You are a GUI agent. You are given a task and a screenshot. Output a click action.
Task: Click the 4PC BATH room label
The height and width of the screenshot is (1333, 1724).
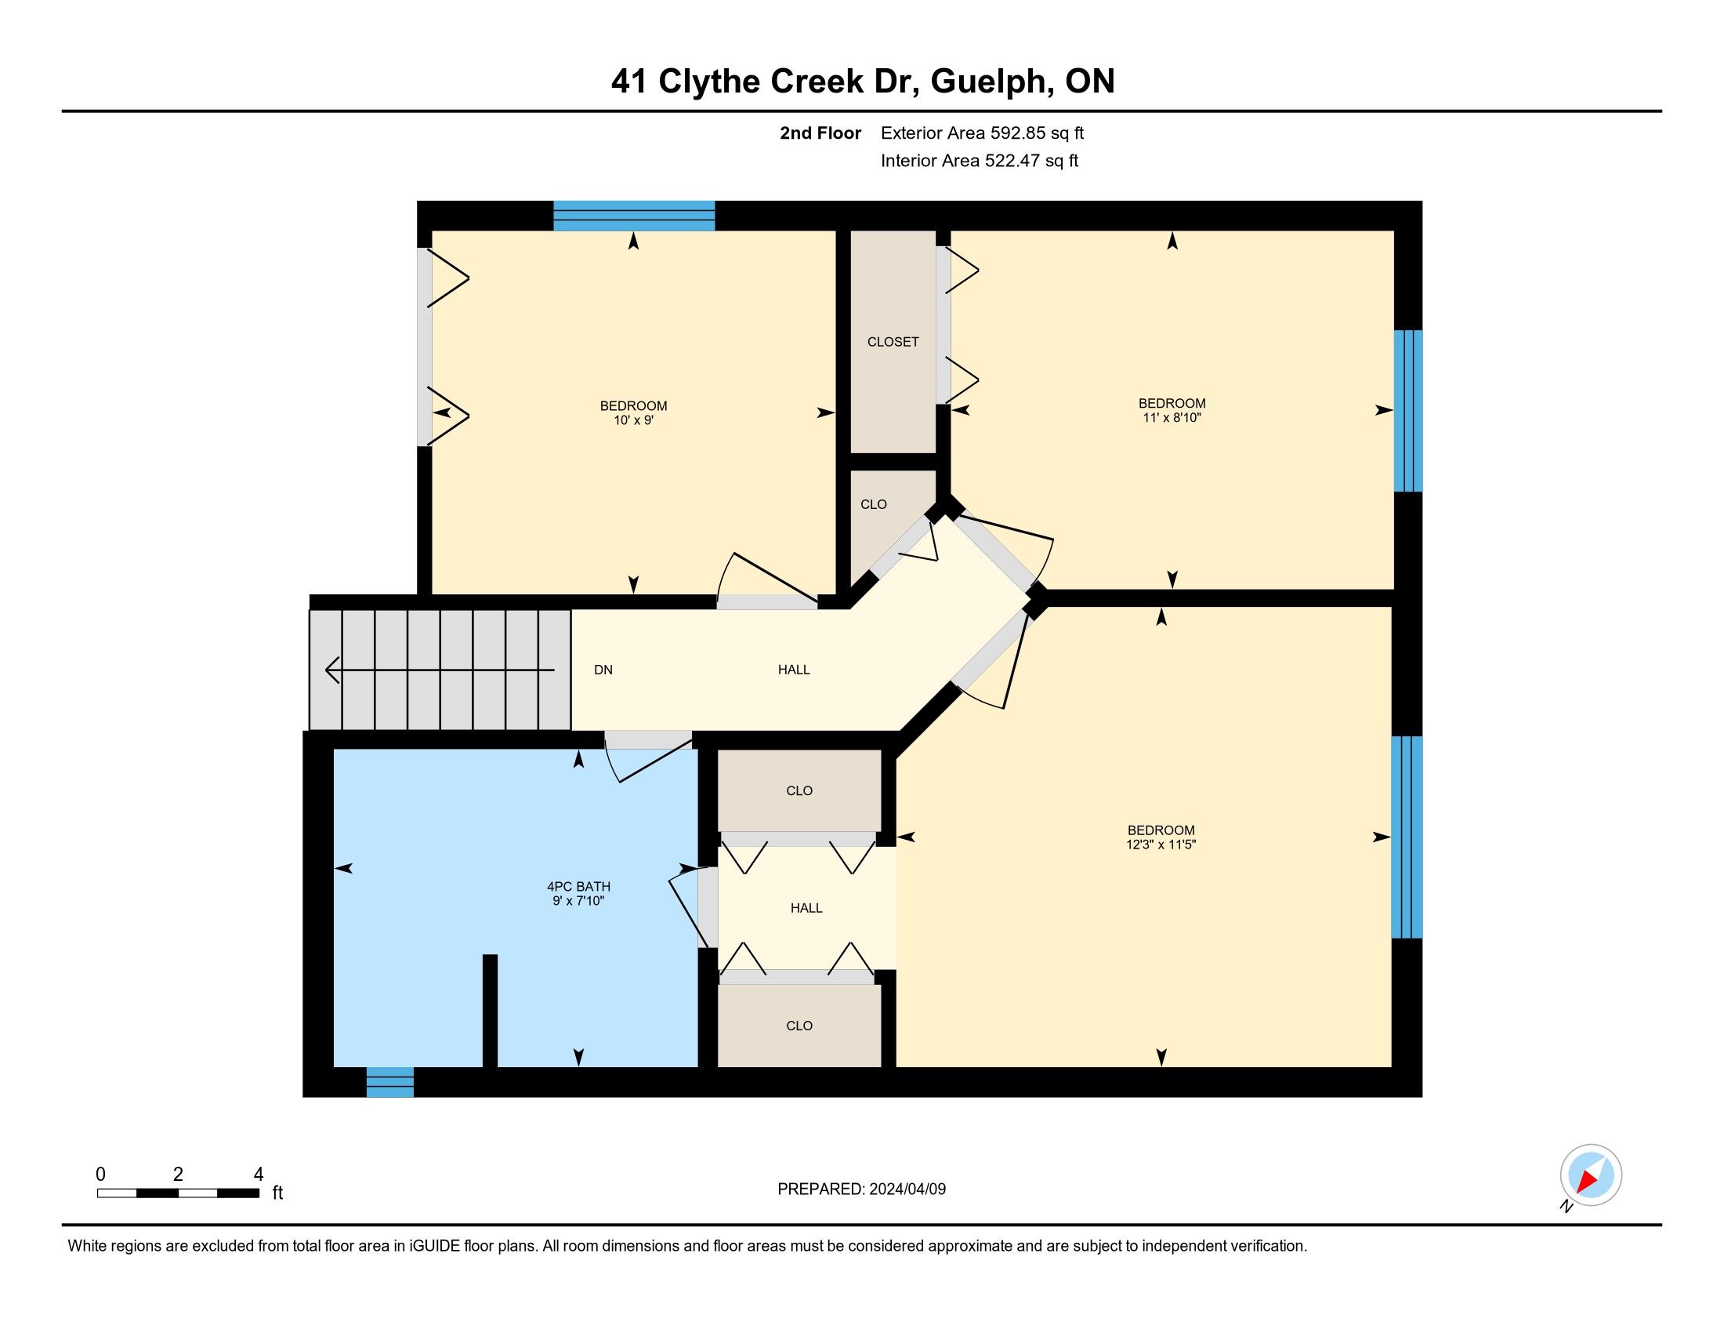click(x=578, y=887)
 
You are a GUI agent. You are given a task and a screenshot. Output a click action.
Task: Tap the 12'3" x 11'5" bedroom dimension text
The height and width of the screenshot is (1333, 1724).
click(x=1161, y=844)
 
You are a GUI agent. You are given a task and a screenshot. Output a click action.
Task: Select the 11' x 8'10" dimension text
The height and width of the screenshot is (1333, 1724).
click(x=1172, y=417)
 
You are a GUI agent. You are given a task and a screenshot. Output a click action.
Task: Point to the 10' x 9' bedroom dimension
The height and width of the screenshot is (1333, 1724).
click(x=633, y=420)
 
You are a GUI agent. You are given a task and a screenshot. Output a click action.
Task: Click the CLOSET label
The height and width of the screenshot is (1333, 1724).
click(x=893, y=342)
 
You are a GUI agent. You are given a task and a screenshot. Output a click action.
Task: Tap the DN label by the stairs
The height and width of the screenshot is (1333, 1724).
click(x=603, y=670)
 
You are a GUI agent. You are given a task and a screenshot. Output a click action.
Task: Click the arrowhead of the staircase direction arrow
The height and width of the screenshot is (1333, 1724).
click(x=332, y=670)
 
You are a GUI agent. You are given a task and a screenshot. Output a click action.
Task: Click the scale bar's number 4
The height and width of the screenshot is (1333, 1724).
click(x=258, y=1175)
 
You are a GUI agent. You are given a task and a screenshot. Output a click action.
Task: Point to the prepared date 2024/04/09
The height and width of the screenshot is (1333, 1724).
click(x=907, y=1189)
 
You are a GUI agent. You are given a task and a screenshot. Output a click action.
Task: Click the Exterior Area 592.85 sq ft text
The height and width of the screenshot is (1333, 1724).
click(x=982, y=133)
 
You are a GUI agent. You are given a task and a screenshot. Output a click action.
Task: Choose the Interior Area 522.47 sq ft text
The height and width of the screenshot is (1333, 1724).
click(x=980, y=161)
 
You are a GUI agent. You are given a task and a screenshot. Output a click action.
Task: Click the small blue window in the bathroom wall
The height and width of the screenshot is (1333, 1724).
click(x=390, y=1082)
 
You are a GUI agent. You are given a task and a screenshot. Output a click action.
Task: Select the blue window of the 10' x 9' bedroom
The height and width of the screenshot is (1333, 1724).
click(x=634, y=216)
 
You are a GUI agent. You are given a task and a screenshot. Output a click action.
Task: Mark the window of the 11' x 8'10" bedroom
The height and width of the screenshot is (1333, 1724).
click(x=1408, y=411)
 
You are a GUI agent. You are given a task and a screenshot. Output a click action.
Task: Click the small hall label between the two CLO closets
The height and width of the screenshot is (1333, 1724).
click(x=806, y=908)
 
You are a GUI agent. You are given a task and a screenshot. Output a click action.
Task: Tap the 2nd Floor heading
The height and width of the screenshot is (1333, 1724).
click(x=820, y=133)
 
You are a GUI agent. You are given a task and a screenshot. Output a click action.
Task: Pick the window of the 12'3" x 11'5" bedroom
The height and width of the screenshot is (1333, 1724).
click(x=1407, y=837)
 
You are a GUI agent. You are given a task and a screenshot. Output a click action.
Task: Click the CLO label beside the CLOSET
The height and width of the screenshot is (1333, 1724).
click(x=873, y=505)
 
